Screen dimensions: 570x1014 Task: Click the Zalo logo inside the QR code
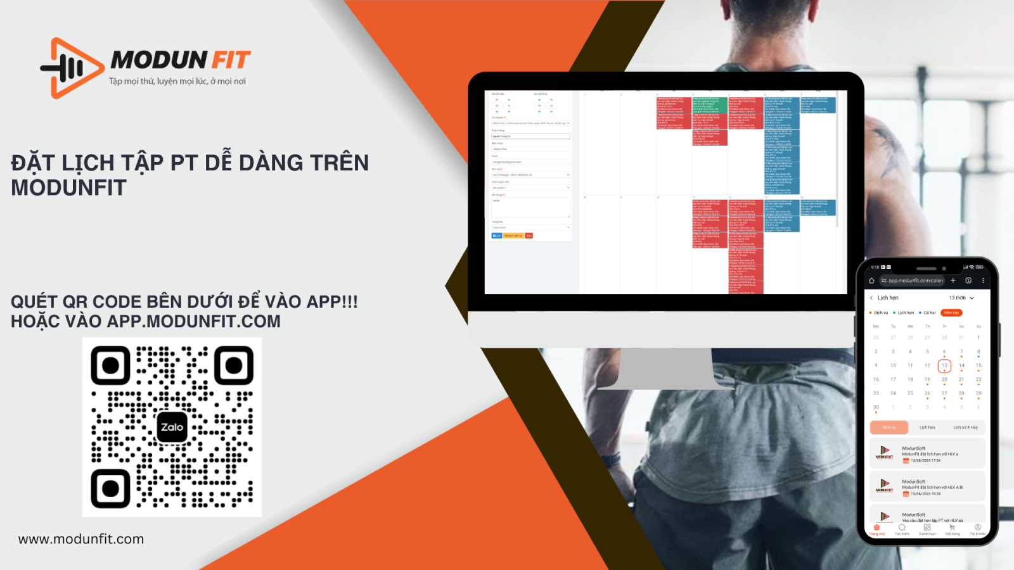[172, 427]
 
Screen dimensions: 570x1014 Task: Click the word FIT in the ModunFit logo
[231, 60]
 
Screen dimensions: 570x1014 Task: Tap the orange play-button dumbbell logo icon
[73, 68]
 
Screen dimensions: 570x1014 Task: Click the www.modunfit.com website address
[81, 539]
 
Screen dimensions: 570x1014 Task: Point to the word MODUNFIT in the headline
[68, 188]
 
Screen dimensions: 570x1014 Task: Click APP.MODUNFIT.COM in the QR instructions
[193, 322]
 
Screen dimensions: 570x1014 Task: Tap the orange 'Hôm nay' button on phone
[951, 313]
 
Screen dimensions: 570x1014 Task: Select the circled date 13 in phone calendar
[944, 365]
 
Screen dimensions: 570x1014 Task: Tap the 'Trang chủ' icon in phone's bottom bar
[877, 529]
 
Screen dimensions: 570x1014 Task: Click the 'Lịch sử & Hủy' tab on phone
[965, 427]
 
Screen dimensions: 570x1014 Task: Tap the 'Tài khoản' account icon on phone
[977, 529]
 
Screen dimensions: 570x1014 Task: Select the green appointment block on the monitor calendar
[709, 105]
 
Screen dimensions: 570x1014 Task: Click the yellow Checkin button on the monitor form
[513, 236]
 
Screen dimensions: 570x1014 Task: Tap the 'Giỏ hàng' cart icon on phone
[952, 529]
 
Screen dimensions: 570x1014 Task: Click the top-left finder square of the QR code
[111, 365]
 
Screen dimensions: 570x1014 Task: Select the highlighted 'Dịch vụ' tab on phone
[889, 427]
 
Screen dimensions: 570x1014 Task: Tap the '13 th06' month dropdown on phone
[961, 298]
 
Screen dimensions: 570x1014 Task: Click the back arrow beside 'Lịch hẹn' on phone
[871, 298]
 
